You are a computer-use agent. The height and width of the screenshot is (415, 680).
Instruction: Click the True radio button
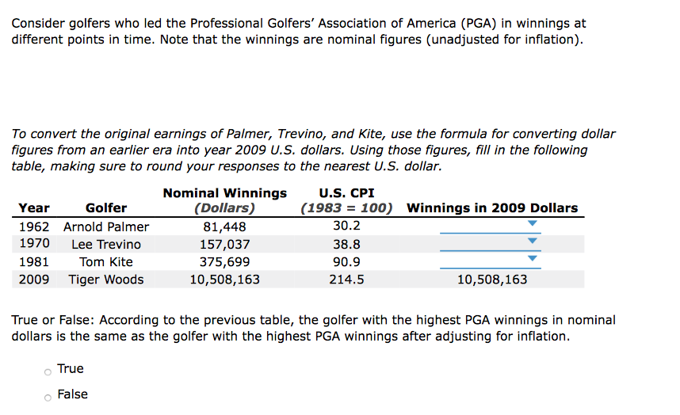click(48, 370)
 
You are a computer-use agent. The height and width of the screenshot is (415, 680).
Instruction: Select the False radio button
click(48, 395)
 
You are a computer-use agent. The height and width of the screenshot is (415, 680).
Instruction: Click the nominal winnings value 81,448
click(224, 227)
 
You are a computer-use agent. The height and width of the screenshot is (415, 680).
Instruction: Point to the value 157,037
click(224, 245)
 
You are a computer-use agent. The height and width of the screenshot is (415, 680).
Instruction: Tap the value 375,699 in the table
click(224, 262)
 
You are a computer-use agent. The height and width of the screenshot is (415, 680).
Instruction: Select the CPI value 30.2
click(346, 227)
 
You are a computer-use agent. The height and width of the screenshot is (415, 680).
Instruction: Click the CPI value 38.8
click(346, 245)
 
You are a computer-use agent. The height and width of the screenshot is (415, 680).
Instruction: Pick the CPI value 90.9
click(346, 262)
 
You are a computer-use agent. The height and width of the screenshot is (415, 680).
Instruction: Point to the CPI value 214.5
click(346, 280)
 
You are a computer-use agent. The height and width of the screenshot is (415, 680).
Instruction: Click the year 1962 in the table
click(33, 227)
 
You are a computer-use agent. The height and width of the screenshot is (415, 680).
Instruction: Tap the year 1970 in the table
click(33, 245)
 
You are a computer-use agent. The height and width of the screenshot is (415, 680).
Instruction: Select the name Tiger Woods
click(106, 280)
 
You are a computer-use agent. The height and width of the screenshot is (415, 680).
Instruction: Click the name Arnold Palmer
click(106, 227)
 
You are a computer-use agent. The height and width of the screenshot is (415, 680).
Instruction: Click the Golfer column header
click(106, 208)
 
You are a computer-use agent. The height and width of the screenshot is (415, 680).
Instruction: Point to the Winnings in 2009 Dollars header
click(492, 208)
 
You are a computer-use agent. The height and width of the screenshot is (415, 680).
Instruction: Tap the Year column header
click(33, 208)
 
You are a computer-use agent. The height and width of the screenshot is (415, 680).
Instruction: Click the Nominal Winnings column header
click(225, 193)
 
